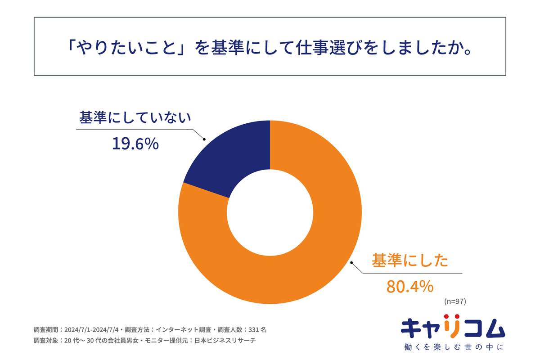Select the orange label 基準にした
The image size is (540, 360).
[410, 261]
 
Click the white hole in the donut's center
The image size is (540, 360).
[270, 211]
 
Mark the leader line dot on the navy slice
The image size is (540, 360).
[204, 139]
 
